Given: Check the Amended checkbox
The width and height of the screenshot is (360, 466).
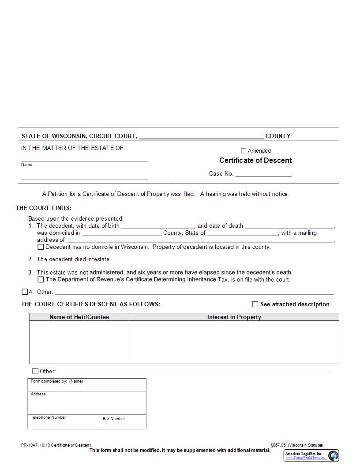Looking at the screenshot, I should [244, 150].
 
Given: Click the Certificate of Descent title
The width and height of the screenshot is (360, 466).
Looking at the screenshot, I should [255, 160].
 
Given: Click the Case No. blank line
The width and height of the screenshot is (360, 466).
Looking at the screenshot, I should [263, 174].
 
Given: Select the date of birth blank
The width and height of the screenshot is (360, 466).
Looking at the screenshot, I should [157, 226].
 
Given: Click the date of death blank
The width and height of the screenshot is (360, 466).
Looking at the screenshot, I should [289, 226].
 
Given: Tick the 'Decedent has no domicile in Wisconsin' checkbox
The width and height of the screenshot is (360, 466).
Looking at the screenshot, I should [41, 247].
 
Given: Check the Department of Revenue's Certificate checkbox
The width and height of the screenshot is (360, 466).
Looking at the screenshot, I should [41, 279].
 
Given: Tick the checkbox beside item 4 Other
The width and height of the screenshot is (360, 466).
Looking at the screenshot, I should [25, 292].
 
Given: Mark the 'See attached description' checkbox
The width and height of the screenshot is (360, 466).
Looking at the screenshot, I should [255, 304].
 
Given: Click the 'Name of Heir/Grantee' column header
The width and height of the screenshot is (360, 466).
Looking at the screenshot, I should [79, 317].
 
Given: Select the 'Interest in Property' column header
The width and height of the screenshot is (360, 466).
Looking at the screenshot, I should [234, 317].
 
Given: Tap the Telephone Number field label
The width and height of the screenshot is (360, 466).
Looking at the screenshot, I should [49, 417].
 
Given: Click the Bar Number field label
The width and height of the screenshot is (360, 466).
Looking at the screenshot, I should [114, 419].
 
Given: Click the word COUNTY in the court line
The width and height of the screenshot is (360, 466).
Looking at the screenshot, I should [278, 136].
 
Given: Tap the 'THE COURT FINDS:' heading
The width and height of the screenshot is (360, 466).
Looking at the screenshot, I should [44, 208].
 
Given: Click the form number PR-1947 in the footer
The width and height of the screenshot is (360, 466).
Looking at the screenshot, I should [29, 445].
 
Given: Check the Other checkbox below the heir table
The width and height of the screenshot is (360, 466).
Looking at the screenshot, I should [35, 371].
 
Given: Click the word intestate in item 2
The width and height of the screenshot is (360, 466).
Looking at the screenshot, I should [98, 259].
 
